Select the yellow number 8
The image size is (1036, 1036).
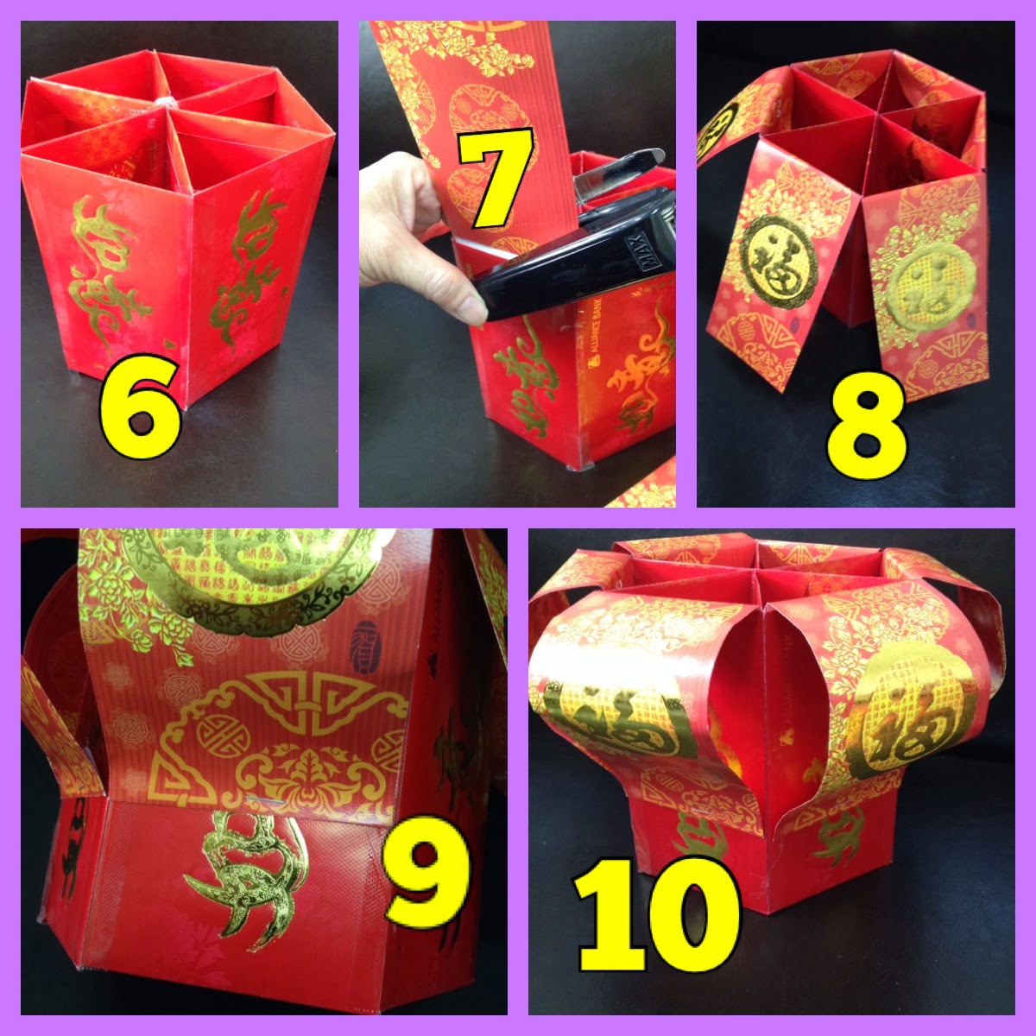(x=866, y=429)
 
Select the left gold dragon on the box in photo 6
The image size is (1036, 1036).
(x=101, y=259)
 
